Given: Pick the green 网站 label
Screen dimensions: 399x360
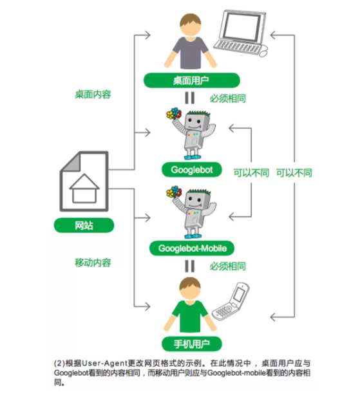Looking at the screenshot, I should tap(84, 225).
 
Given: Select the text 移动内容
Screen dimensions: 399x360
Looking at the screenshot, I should tap(93, 263).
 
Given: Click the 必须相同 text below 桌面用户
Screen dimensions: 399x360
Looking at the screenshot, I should tap(227, 98).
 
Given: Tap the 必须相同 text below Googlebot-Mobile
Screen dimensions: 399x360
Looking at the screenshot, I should tap(227, 265).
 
